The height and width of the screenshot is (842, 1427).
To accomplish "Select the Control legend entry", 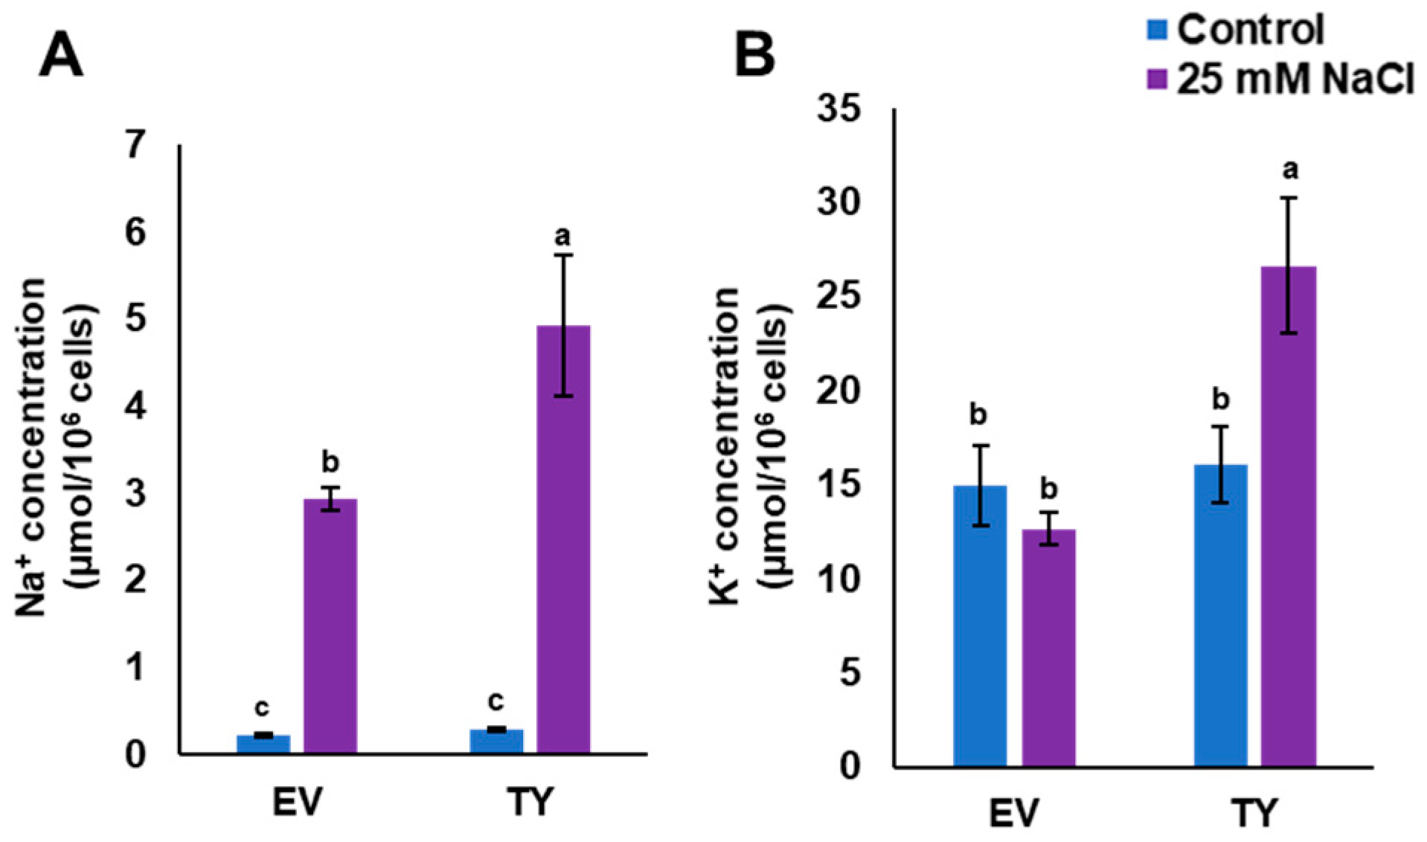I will click(1235, 30).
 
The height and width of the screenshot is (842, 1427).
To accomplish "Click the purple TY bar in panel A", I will click(563, 539).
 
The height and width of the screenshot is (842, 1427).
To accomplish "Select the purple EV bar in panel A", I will click(330, 626).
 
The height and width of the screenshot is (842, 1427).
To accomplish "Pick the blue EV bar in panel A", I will click(263, 744).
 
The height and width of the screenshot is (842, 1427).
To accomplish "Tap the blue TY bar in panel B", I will click(1220, 615).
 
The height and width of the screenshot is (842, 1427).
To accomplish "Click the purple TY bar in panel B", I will click(1289, 516).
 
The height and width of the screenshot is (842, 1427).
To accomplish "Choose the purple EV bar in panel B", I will click(1048, 647).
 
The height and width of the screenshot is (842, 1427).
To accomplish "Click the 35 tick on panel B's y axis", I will click(838, 109).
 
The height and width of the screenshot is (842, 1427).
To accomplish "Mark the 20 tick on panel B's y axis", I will click(838, 391).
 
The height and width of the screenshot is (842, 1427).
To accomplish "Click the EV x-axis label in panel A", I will click(298, 802).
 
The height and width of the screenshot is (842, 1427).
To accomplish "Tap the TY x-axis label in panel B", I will click(1254, 813).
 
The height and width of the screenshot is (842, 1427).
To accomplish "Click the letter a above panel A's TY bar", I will click(563, 237).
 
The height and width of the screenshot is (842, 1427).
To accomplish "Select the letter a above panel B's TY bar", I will click(1290, 170).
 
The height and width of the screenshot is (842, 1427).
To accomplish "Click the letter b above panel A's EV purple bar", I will click(330, 462).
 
